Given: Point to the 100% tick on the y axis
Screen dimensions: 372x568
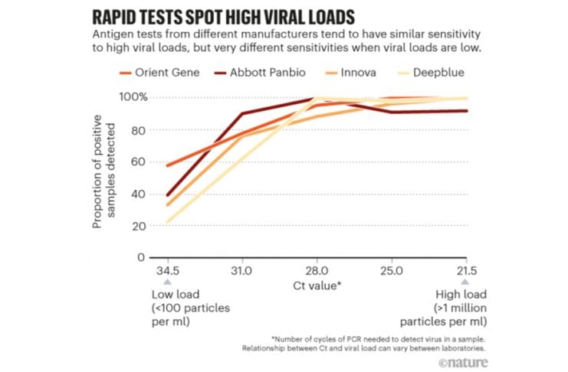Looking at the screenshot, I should point(133,98).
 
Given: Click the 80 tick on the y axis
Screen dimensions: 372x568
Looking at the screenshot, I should point(139,130).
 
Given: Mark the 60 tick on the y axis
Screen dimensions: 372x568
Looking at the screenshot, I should point(139,162).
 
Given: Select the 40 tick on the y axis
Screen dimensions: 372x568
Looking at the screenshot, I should point(139,194).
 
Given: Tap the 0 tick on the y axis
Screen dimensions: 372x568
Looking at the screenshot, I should point(142,258).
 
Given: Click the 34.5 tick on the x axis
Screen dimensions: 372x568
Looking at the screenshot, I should point(168,271).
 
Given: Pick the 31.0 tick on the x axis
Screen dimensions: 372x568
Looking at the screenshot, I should point(242,271).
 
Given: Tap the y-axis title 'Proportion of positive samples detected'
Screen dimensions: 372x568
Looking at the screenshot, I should point(105,177).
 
